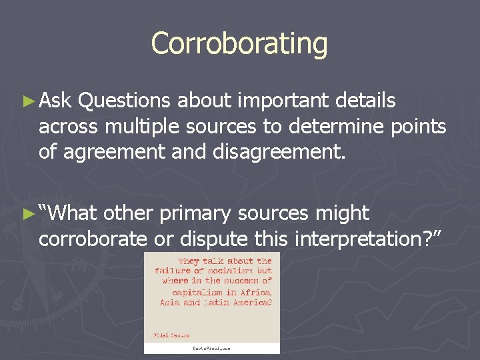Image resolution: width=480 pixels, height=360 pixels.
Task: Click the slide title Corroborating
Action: click(x=239, y=44)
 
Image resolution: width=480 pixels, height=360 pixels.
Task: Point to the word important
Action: click(x=284, y=101)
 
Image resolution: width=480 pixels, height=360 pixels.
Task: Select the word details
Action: click(x=366, y=101)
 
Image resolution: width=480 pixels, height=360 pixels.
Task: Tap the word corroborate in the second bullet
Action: click(x=93, y=239)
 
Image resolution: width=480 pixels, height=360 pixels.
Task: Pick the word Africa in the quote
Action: click(x=257, y=291)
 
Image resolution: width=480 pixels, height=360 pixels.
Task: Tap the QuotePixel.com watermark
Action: click(x=211, y=348)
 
